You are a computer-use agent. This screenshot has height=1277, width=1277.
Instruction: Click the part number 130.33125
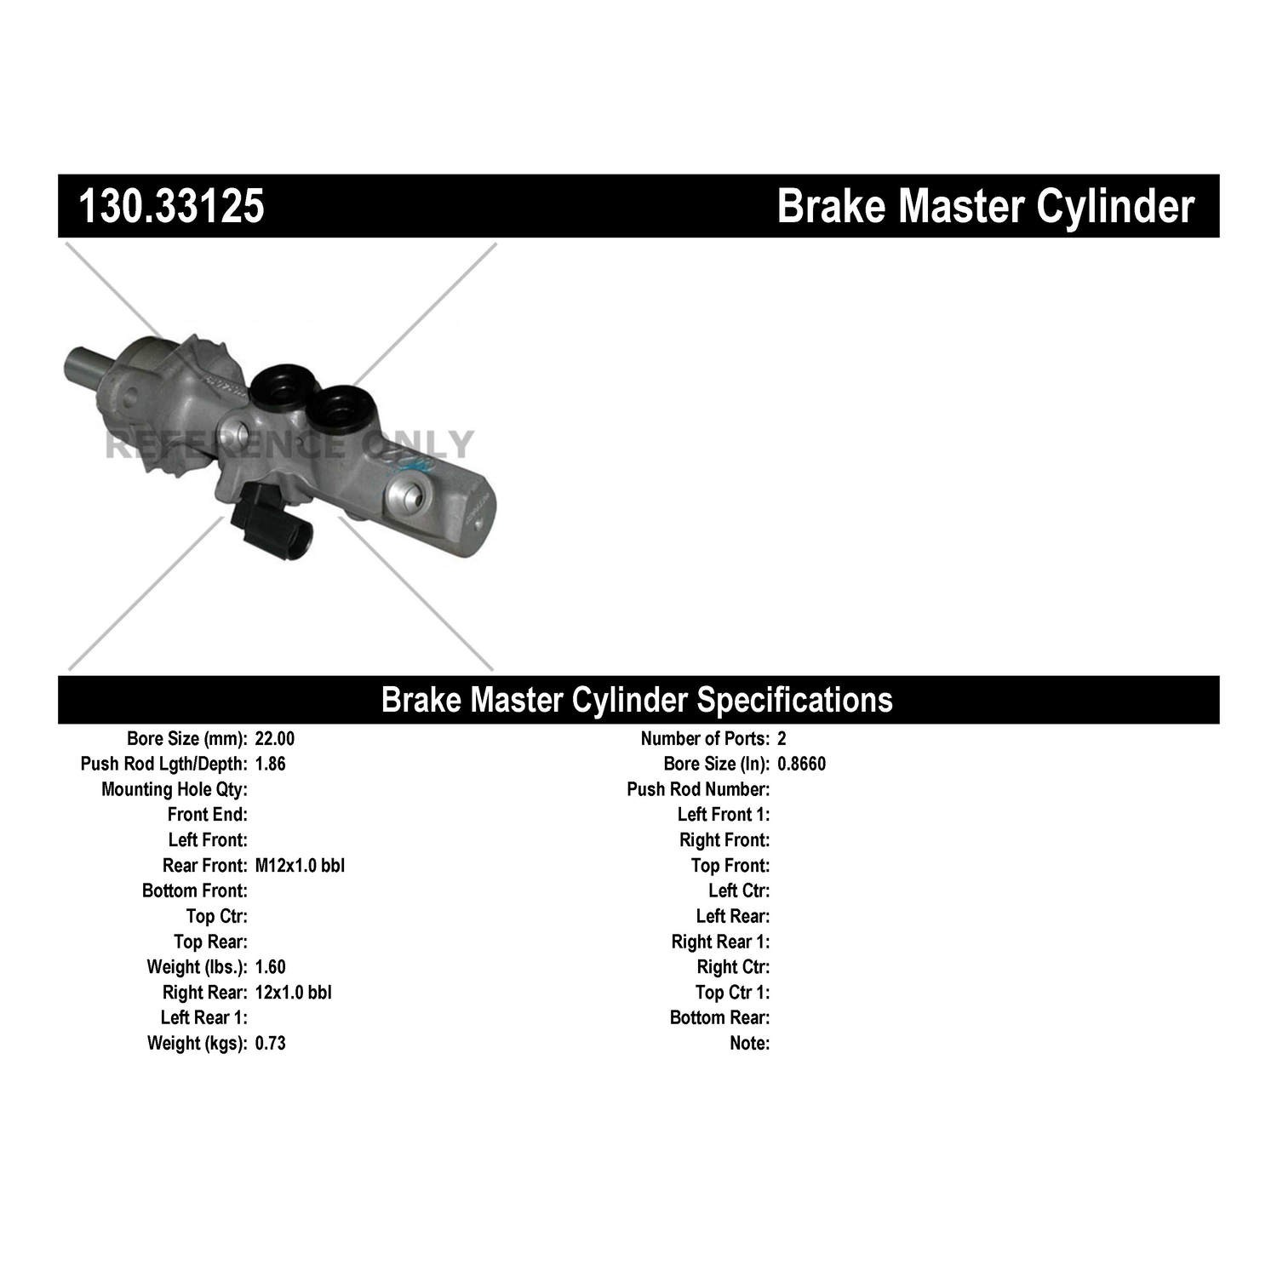pos(171,206)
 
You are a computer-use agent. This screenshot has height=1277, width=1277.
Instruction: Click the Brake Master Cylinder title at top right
pos(986,206)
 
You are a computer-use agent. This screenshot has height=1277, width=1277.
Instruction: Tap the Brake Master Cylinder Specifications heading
pos(637,700)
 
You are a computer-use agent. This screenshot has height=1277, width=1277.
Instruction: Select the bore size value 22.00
pos(275,739)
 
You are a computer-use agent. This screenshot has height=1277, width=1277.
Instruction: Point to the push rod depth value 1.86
pos(271,764)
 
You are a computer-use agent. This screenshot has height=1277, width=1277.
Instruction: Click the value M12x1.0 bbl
pos(300,866)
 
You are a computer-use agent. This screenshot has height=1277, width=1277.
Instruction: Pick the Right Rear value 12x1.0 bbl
pos(294,993)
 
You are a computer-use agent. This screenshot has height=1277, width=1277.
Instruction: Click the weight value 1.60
pos(271,967)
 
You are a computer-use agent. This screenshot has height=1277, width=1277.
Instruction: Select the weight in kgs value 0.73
pos(271,1044)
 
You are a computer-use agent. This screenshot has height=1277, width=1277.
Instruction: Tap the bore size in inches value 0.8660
pos(802,764)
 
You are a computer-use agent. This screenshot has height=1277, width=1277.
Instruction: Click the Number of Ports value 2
pos(782,739)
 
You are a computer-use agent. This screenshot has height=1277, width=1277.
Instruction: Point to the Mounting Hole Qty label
pos(175,790)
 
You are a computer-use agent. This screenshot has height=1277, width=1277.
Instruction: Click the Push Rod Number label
pos(698,790)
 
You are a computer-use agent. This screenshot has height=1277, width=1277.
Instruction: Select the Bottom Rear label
pos(719,1018)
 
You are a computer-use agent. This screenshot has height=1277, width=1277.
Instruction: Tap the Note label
pos(749,1044)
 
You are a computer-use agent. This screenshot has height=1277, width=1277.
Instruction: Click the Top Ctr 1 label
pos(732,993)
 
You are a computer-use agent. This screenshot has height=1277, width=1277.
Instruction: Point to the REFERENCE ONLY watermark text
pos(289,444)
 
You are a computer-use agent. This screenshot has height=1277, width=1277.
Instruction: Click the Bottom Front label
pos(195,891)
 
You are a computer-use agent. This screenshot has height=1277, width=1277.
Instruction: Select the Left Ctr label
pos(739,891)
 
